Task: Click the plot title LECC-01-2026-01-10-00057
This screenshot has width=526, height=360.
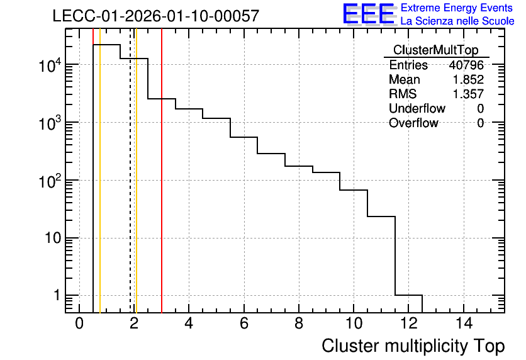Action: click(x=156, y=16)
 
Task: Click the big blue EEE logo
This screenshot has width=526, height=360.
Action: click(x=369, y=14)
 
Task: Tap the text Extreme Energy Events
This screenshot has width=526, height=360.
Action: click(x=457, y=8)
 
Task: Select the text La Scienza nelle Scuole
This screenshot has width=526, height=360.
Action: click(x=457, y=21)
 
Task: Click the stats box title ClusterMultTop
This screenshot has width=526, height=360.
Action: click(x=436, y=50)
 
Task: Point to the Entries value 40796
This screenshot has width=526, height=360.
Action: click(x=466, y=65)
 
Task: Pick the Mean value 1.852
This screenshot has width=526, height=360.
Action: click(x=468, y=79)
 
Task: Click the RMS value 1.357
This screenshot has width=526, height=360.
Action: click(x=468, y=94)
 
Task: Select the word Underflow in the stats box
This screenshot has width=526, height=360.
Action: click(x=417, y=108)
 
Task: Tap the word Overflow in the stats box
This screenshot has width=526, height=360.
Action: click(x=413, y=123)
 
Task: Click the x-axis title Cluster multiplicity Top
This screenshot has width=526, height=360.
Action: click(x=413, y=346)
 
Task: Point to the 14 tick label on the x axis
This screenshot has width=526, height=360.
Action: click(x=464, y=323)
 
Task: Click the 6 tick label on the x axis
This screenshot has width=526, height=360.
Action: click(x=244, y=323)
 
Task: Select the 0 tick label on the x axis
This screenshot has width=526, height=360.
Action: click(x=79, y=323)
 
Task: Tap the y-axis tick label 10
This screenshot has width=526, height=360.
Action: click(x=53, y=238)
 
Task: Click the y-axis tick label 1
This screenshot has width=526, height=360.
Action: click(x=57, y=296)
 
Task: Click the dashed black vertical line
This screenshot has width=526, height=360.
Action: click(x=130, y=171)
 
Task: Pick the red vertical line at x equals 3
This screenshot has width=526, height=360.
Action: click(x=162, y=171)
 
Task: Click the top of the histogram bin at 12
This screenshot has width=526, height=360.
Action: click(x=408, y=295)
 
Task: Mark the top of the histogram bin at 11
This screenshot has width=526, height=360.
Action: click(x=381, y=217)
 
